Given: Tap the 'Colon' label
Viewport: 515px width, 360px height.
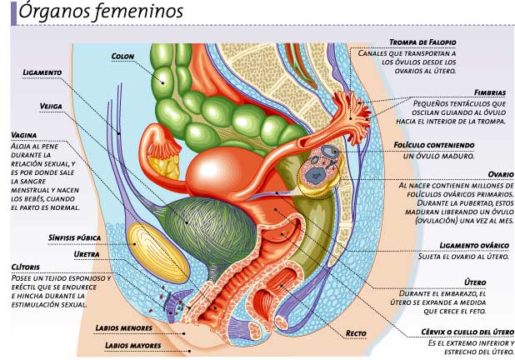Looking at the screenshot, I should pyautogui.click(x=123, y=57).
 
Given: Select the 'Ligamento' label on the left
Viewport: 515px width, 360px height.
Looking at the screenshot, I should pyautogui.click(x=42, y=72).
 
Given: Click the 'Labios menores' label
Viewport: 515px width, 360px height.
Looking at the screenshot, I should pyautogui.click(x=120, y=327).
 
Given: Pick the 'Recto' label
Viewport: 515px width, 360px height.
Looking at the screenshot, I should pyautogui.click(x=356, y=333).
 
